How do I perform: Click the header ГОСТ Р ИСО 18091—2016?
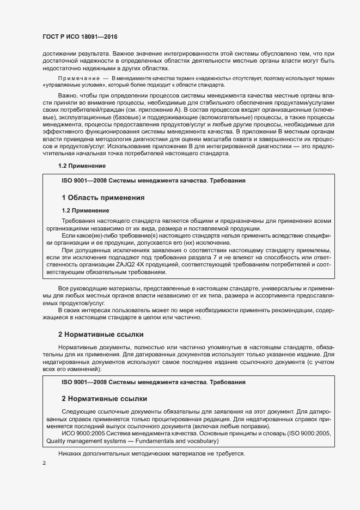pyautogui.click(x=80, y=37)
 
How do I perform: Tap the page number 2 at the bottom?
pyautogui.click(x=44, y=463)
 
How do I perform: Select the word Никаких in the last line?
pyautogui.click(x=70, y=454)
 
